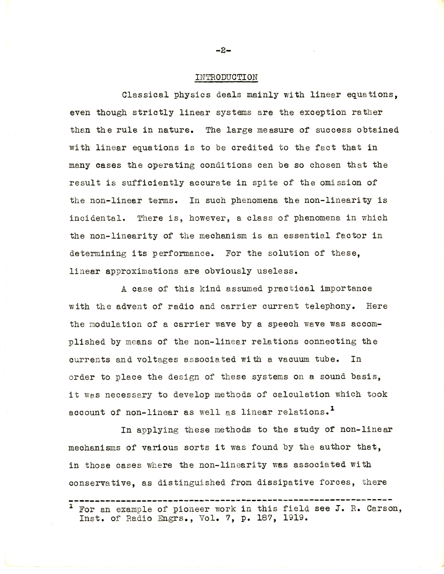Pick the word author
click(335, 447)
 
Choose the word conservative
click(100, 483)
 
